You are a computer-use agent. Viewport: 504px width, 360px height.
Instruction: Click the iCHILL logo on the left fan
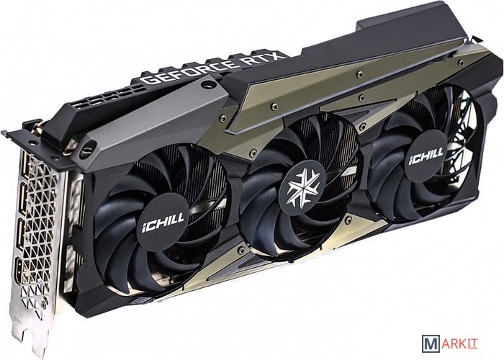point(163,222)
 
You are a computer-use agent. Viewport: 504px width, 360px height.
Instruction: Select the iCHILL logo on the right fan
point(426,156)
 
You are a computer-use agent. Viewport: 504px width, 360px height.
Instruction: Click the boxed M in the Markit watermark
point(431,343)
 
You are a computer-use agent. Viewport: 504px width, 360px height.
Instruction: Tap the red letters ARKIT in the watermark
point(459,343)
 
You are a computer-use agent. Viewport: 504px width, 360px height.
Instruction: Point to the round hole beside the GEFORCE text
point(208,85)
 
